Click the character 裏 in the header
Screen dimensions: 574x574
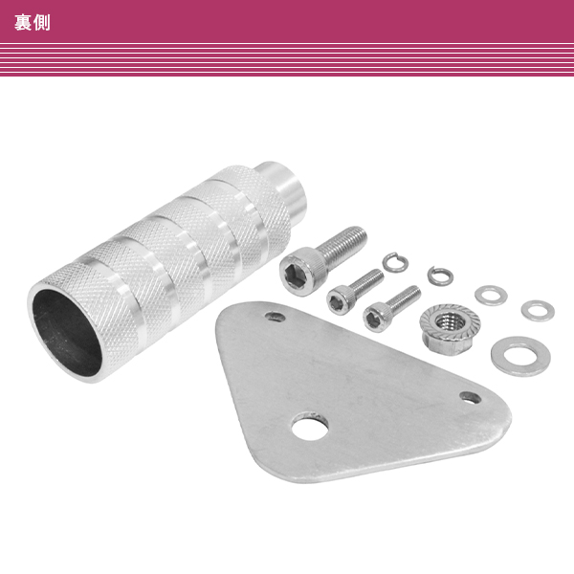pos(23,23)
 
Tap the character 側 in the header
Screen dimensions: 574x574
pos(42,23)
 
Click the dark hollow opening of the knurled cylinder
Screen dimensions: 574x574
pos(67,332)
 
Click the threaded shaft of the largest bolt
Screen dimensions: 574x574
pos(342,244)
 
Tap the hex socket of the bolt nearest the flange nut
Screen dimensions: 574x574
pos(373,320)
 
